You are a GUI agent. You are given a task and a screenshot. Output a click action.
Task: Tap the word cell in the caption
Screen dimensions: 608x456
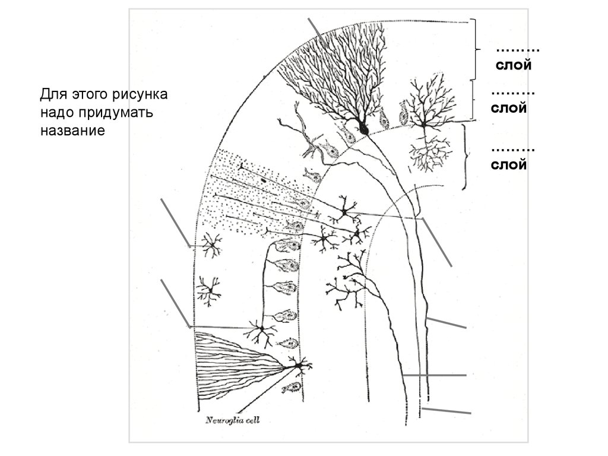point(253,420)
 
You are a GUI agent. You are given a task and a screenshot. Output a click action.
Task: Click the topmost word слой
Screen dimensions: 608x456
point(514,65)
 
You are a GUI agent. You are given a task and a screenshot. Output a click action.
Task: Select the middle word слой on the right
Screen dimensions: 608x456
point(508,108)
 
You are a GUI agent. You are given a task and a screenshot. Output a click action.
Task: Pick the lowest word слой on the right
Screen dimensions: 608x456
point(508,164)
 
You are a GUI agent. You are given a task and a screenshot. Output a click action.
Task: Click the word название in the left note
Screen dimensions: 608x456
point(72,130)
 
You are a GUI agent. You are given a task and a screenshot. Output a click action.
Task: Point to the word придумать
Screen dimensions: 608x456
point(116,113)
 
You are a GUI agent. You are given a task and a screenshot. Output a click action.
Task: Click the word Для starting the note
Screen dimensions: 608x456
point(53,94)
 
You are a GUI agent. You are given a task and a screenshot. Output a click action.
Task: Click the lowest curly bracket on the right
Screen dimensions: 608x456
point(465,157)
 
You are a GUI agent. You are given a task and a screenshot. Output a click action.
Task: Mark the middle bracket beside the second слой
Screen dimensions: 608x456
point(473,100)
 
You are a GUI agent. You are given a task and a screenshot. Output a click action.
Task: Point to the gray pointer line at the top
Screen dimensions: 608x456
point(318,33)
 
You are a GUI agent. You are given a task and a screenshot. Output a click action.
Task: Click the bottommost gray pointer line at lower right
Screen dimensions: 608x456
point(446,411)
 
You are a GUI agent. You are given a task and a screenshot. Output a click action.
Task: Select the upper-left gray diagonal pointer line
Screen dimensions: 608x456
point(175,223)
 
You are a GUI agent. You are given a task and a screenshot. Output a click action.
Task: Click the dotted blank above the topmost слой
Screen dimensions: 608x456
point(518,50)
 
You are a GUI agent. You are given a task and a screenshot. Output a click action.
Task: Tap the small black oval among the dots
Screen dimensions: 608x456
point(263,180)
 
